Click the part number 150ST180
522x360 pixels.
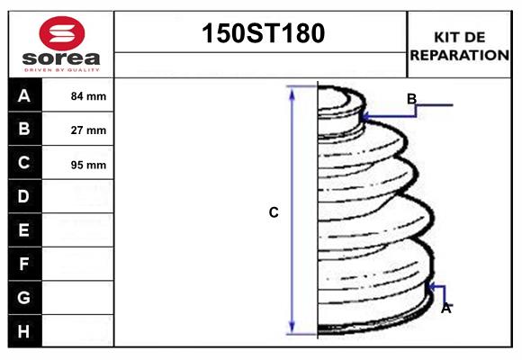pyautogui.click(x=261, y=33)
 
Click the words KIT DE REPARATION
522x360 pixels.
pyautogui.click(x=459, y=46)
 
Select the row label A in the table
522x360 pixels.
pyautogui.click(x=24, y=96)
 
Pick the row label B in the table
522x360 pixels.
pyautogui.click(x=24, y=130)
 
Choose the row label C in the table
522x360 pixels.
pyautogui.click(x=24, y=163)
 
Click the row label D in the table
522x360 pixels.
pyautogui.click(x=24, y=196)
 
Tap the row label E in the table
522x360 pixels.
pyautogui.click(x=24, y=230)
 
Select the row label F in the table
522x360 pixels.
pyautogui.click(x=24, y=264)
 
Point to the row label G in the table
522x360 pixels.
pyautogui.click(x=24, y=297)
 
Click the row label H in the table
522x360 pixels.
pyautogui.click(x=24, y=331)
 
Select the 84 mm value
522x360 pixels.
pyautogui.click(x=88, y=96)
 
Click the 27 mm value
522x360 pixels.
pyautogui.click(x=88, y=130)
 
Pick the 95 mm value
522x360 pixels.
pyautogui.click(x=88, y=165)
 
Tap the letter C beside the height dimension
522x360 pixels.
pyautogui.click(x=274, y=212)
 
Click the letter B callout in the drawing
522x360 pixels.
pyautogui.click(x=411, y=99)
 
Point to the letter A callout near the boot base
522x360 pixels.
pyautogui.click(x=445, y=308)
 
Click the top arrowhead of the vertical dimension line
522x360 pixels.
pyautogui.click(x=292, y=92)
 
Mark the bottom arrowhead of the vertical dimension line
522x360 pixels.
pyautogui.click(x=292, y=328)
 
